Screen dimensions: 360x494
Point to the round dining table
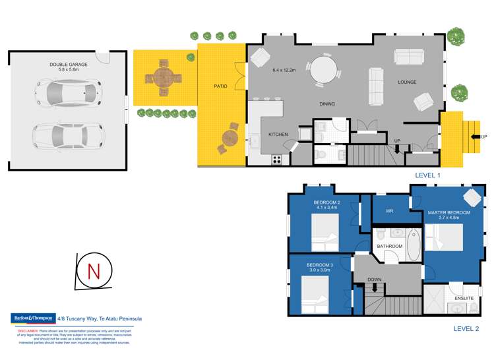click(x=323, y=69)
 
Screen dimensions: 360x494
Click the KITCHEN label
click(x=278, y=135)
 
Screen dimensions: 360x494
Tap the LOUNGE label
click(x=407, y=82)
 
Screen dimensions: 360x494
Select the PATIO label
click(x=220, y=86)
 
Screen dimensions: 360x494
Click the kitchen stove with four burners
click(x=277, y=159)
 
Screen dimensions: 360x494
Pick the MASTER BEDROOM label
click(x=448, y=213)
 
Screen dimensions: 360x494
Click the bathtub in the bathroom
click(x=413, y=245)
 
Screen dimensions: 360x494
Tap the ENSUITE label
click(x=464, y=299)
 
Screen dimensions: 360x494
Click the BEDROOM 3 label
click(x=319, y=264)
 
